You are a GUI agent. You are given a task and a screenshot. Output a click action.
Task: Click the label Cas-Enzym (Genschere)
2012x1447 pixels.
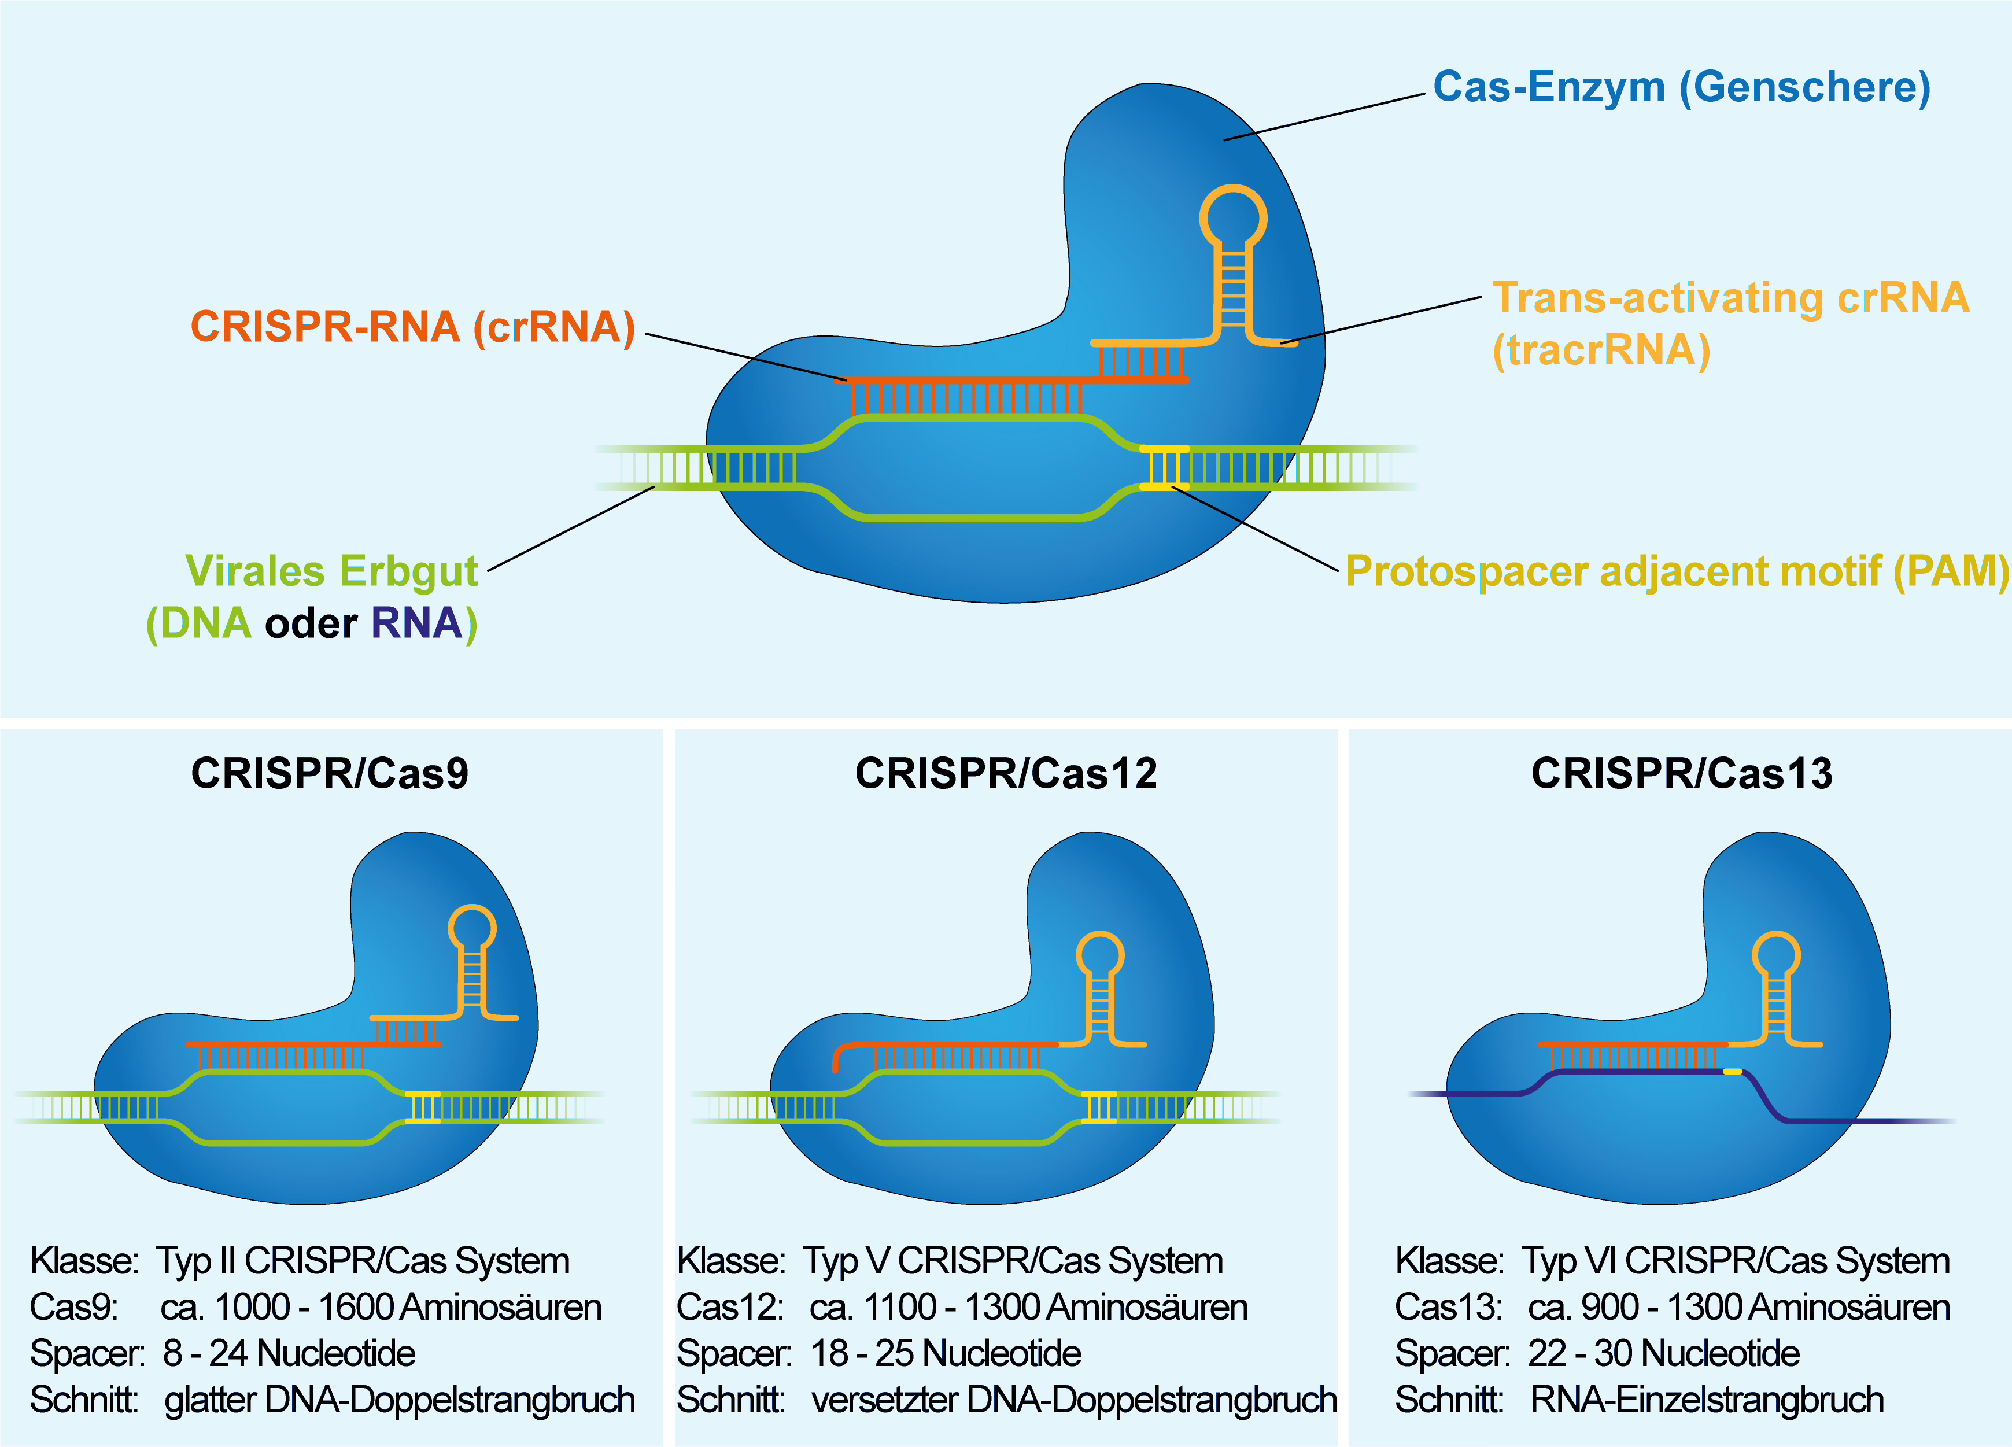[1681, 87]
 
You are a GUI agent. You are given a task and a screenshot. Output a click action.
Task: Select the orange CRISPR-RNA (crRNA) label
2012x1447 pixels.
[412, 327]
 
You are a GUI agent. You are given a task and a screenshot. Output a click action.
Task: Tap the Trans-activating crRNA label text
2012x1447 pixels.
[1730, 298]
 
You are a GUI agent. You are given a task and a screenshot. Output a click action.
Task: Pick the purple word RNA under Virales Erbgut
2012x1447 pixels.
[416, 623]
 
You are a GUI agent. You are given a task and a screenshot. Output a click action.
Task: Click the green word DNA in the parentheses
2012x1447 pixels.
[206, 623]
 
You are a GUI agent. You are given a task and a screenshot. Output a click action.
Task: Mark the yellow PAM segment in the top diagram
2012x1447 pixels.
[1163, 467]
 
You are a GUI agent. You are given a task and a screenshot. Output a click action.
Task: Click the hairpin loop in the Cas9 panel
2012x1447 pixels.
[472, 928]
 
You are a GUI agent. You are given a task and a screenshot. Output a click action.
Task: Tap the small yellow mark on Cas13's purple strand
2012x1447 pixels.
[1733, 1072]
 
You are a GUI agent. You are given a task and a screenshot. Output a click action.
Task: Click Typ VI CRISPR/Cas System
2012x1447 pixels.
[1735, 1261]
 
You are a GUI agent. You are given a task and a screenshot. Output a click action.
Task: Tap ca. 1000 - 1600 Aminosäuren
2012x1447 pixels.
[381, 1308]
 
